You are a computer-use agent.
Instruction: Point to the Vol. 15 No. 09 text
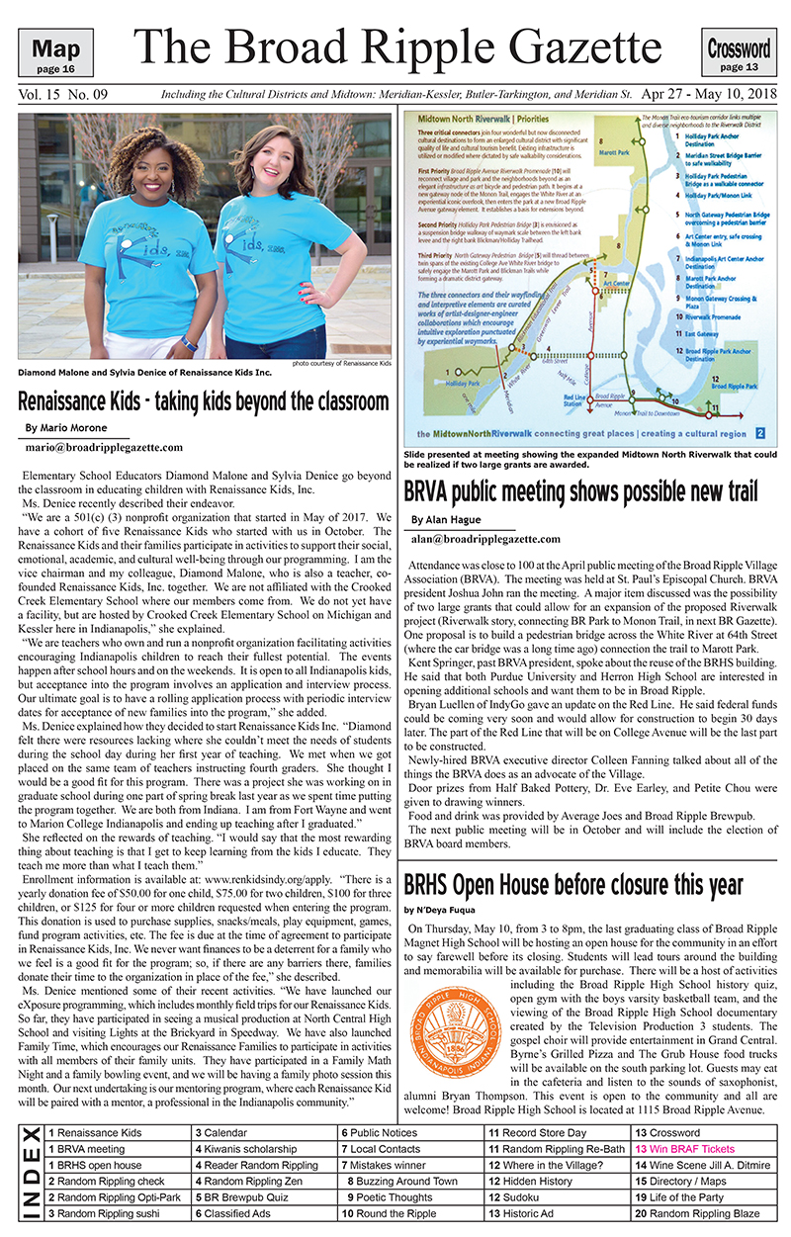[x=63, y=95]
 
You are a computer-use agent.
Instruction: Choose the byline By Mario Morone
[x=66, y=427]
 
